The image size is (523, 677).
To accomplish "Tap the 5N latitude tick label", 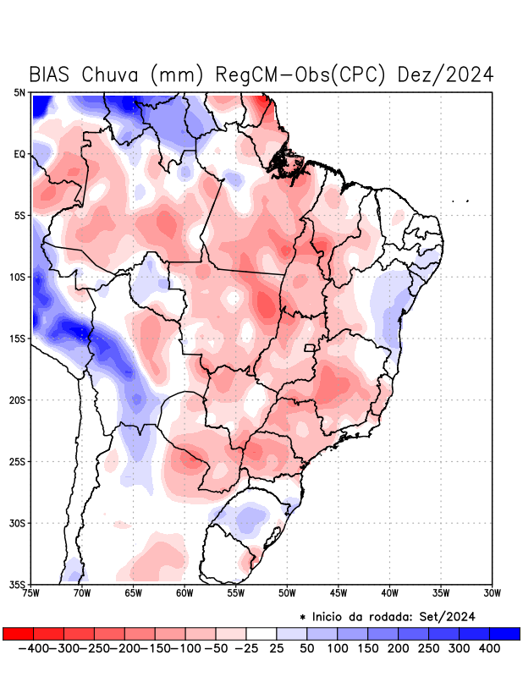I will coord(19,92).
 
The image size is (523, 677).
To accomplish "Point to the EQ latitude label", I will coord(19,154).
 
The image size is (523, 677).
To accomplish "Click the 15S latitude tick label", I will coord(18,338).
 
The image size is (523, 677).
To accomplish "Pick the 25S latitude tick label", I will coord(18,461).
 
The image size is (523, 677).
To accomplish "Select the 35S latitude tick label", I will coord(18,584).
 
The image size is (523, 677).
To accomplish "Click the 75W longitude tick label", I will coord(31,592).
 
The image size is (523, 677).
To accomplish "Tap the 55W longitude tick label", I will coord(236,592).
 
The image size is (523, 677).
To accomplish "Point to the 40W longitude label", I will coord(389,592).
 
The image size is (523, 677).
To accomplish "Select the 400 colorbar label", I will coord(489,648).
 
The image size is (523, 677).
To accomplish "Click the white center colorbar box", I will coord(261,633).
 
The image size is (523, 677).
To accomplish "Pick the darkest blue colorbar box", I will coord(504,633).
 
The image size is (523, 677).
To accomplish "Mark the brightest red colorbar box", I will coord(18,633).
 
